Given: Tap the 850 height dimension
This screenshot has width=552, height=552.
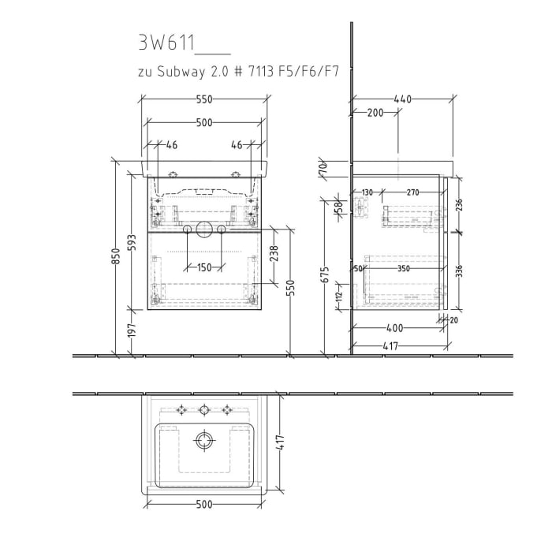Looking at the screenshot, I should (x=117, y=258).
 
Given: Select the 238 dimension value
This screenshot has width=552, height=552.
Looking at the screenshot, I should (x=274, y=254).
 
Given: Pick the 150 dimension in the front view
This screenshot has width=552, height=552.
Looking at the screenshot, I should (x=204, y=267).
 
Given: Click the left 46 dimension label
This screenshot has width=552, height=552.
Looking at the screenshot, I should (x=172, y=145).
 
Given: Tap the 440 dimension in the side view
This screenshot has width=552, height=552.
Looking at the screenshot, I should (x=402, y=99).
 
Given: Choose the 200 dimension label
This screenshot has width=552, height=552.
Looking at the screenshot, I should (x=375, y=113).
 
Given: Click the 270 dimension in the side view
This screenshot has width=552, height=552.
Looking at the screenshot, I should (x=412, y=192).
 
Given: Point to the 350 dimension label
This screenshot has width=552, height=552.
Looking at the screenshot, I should (x=404, y=269).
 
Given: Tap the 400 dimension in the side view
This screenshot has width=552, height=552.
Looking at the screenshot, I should (x=394, y=328).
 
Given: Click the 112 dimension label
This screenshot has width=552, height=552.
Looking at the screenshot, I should (x=339, y=296).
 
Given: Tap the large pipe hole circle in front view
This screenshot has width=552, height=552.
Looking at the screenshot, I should (x=204, y=229).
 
